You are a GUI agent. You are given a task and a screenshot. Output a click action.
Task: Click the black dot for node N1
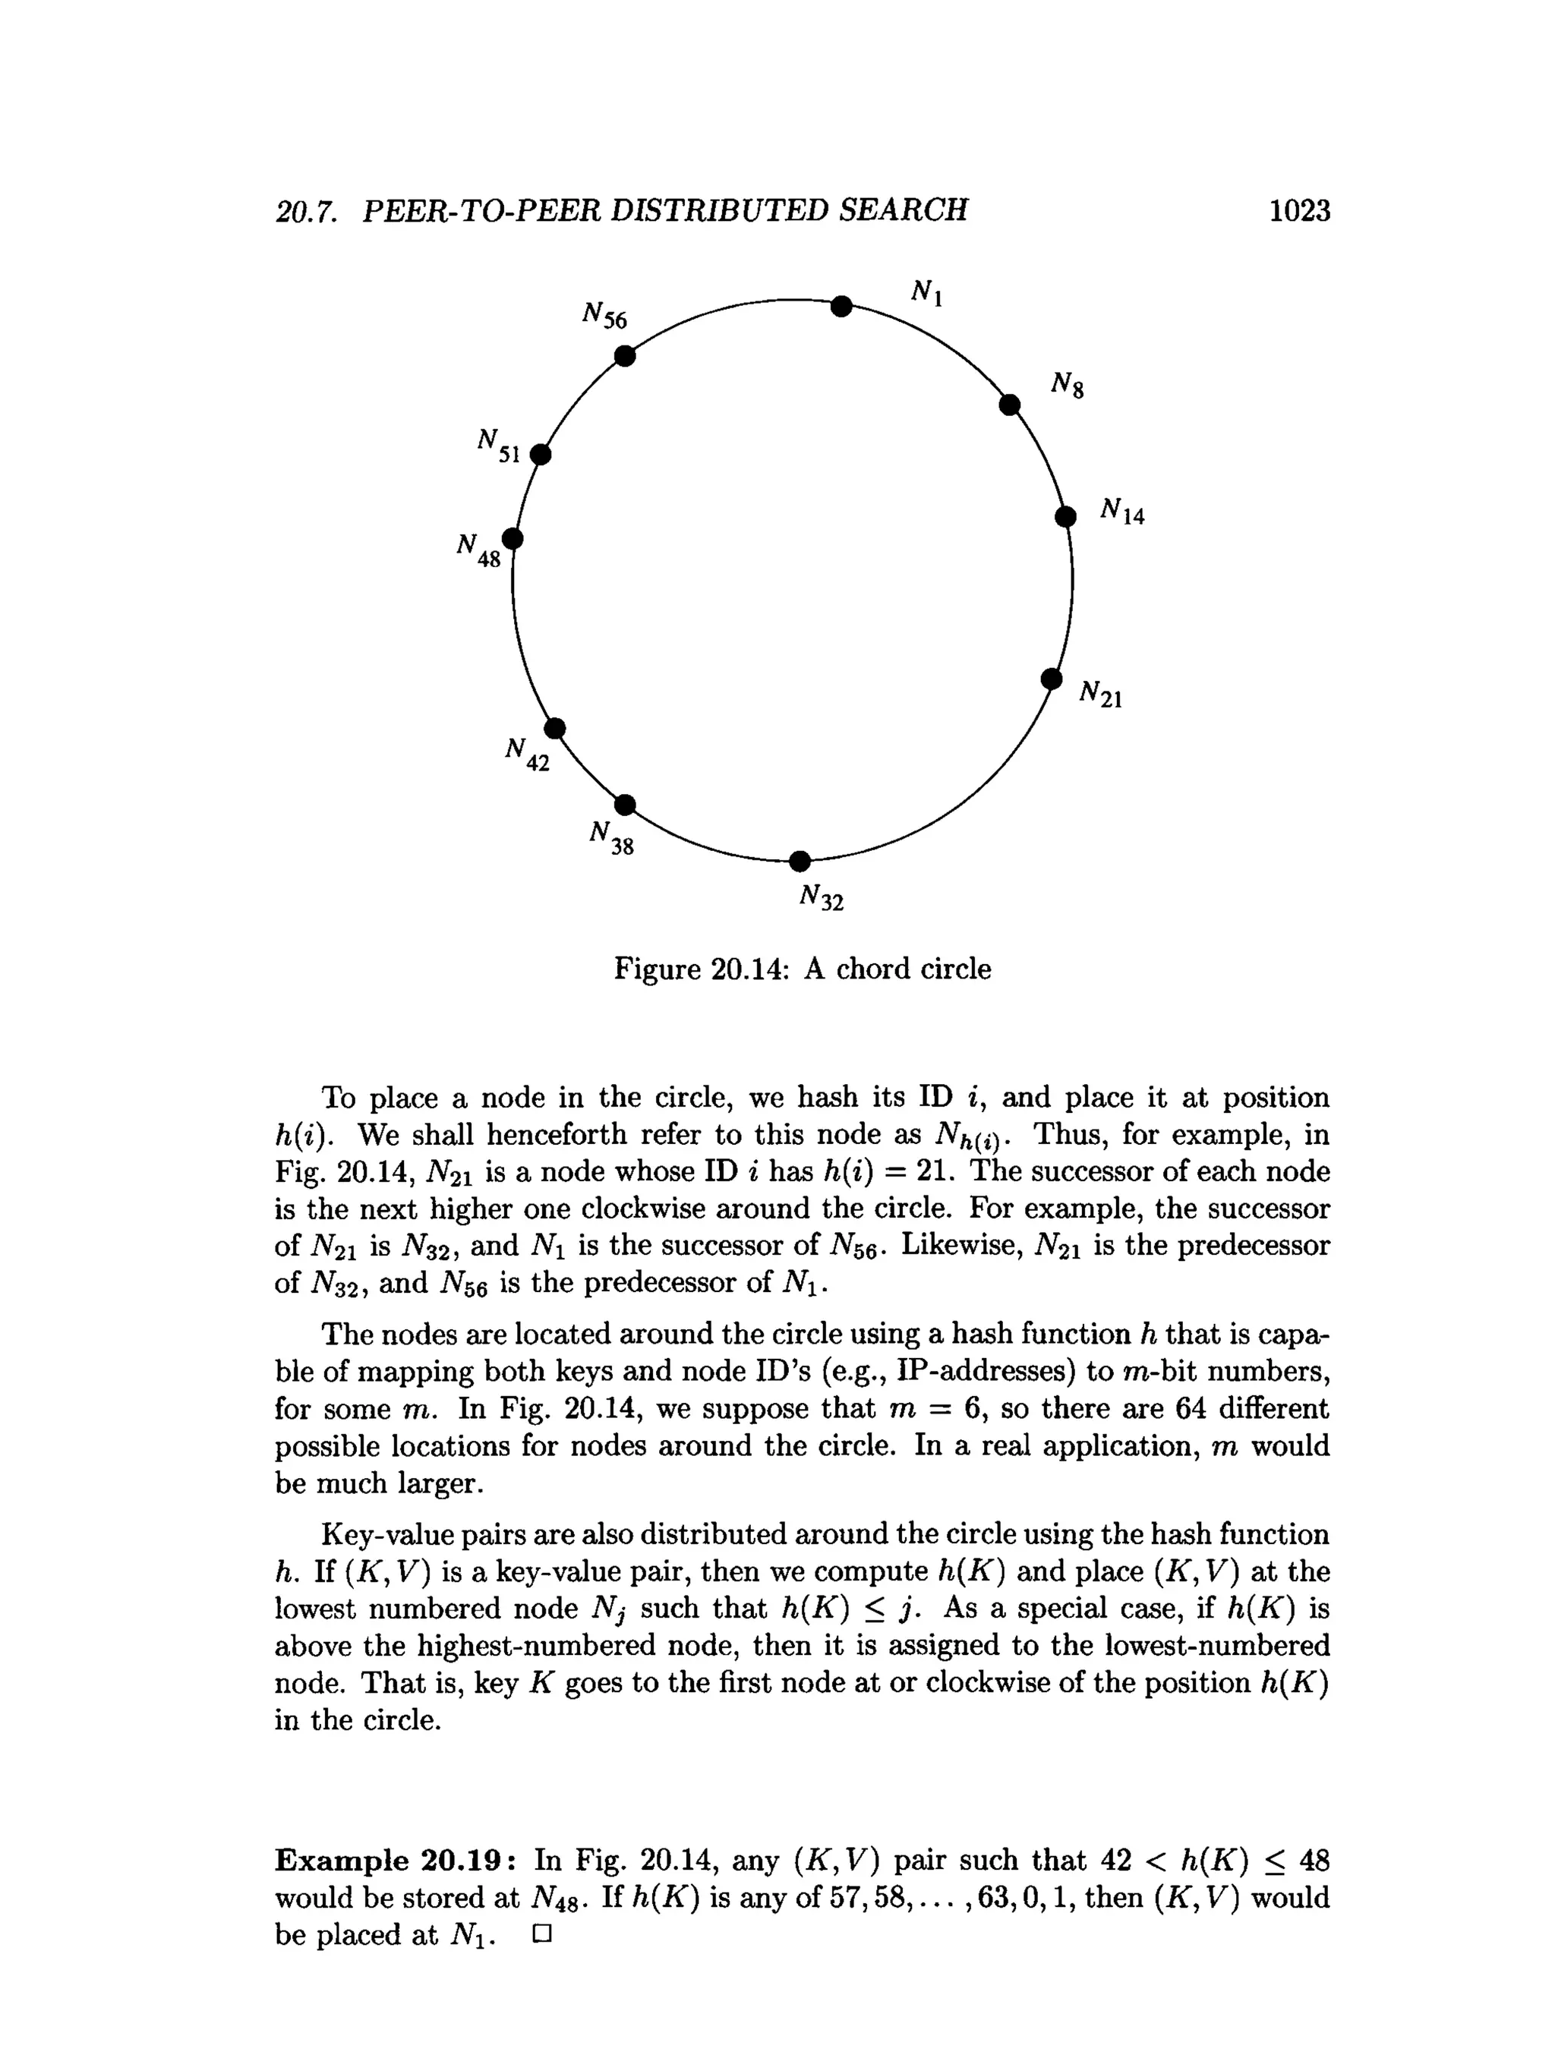point(841,306)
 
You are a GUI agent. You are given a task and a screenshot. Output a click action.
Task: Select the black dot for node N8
point(1009,405)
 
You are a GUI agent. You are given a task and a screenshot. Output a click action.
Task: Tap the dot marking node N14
point(1065,516)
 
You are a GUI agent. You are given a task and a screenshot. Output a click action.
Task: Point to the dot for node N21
point(1051,679)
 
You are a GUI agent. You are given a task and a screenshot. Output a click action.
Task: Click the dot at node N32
point(800,862)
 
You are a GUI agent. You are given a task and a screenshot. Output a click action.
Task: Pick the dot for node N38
point(626,804)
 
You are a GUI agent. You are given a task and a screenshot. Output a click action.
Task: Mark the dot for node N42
point(554,727)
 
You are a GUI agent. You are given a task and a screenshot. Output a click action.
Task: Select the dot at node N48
point(512,539)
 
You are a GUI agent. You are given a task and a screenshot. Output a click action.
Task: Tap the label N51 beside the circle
point(498,445)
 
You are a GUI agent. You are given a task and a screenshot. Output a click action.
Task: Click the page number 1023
point(1299,210)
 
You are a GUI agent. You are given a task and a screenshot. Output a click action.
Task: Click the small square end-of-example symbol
point(541,1934)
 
